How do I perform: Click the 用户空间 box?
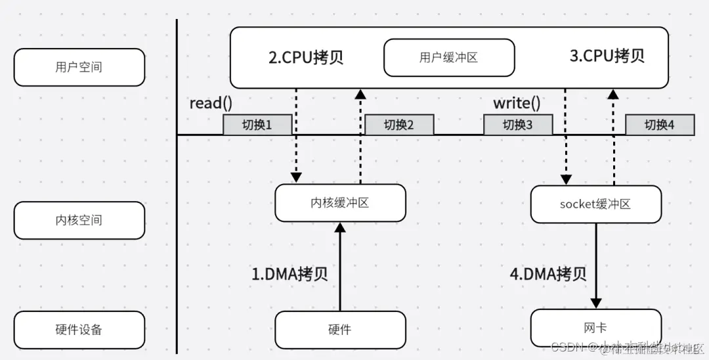coord(79,67)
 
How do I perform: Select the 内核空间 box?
coord(79,220)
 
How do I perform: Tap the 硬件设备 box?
coord(79,330)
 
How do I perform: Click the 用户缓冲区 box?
coord(448,57)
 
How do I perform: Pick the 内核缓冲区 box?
coord(340,202)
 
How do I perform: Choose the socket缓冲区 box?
coord(595,204)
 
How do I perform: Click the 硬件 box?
coord(340,330)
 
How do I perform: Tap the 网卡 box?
coord(595,328)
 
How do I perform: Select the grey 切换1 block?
coord(257,125)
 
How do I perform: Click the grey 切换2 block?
coord(399,125)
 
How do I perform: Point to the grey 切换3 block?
coord(518,125)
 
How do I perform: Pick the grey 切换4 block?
coord(659,125)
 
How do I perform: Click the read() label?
coord(211,103)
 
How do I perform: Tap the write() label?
coord(517,103)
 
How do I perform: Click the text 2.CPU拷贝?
coord(306,57)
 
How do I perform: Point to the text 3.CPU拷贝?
coord(607,56)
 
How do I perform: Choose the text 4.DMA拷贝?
coord(548,273)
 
